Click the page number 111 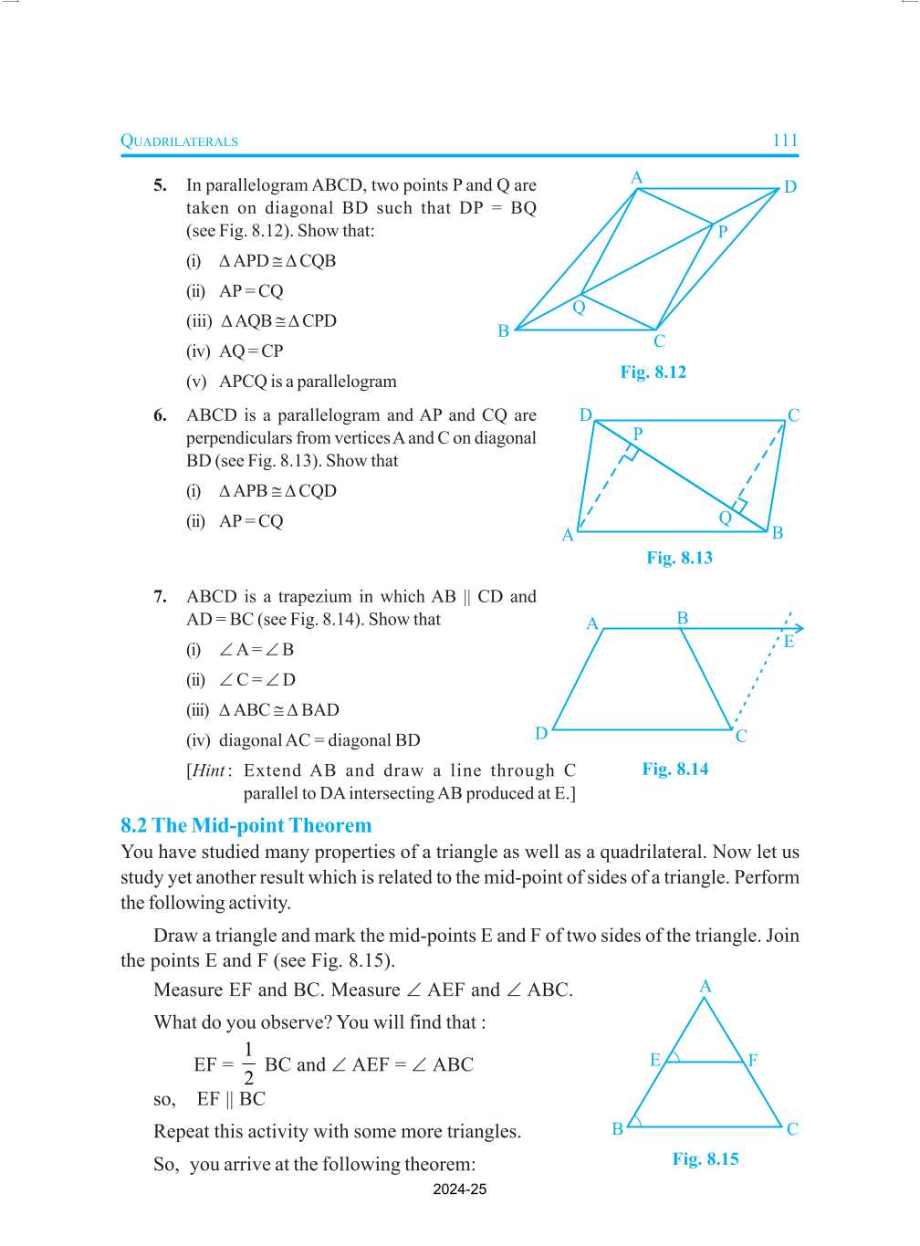(x=785, y=141)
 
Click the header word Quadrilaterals (x=179, y=141)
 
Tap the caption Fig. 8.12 (x=653, y=372)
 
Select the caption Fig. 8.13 (x=679, y=558)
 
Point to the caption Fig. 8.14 (x=674, y=769)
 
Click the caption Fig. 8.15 (x=705, y=1158)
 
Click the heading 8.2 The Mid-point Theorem (x=246, y=825)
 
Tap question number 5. (x=160, y=185)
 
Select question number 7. (x=160, y=597)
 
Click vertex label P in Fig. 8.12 (x=722, y=232)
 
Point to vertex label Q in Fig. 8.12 (x=579, y=308)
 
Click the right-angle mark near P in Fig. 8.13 (x=630, y=453)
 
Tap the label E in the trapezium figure (x=789, y=642)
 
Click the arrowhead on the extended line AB (x=799, y=628)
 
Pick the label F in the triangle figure (x=753, y=1060)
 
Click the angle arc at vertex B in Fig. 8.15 (x=636, y=1121)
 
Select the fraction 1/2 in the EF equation (x=248, y=1063)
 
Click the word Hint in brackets (x=208, y=770)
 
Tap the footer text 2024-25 (x=459, y=1189)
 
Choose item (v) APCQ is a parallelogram (x=292, y=382)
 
